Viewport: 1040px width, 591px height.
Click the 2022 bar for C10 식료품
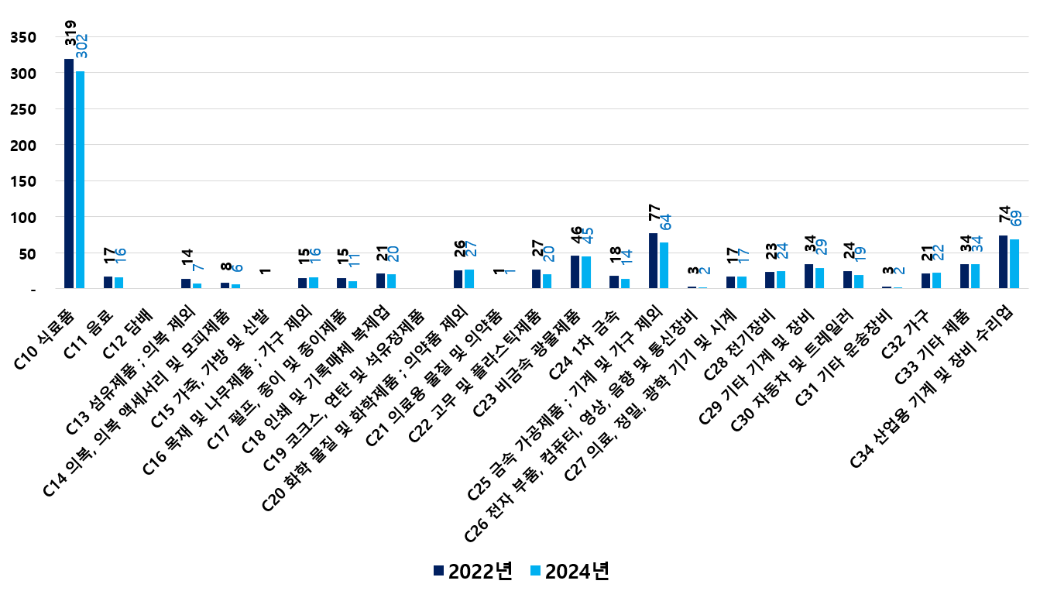click(69, 174)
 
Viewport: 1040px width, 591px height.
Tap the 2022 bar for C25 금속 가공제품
click(653, 261)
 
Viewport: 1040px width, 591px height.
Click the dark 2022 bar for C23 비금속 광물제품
click(575, 272)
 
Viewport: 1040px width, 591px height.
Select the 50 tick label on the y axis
click(29, 253)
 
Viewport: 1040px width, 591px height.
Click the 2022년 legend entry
click(473, 571)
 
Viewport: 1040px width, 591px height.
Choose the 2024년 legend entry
click(570, 571)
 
